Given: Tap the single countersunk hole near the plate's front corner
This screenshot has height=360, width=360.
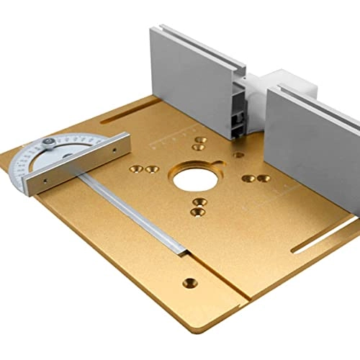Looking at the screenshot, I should coord(189,282).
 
